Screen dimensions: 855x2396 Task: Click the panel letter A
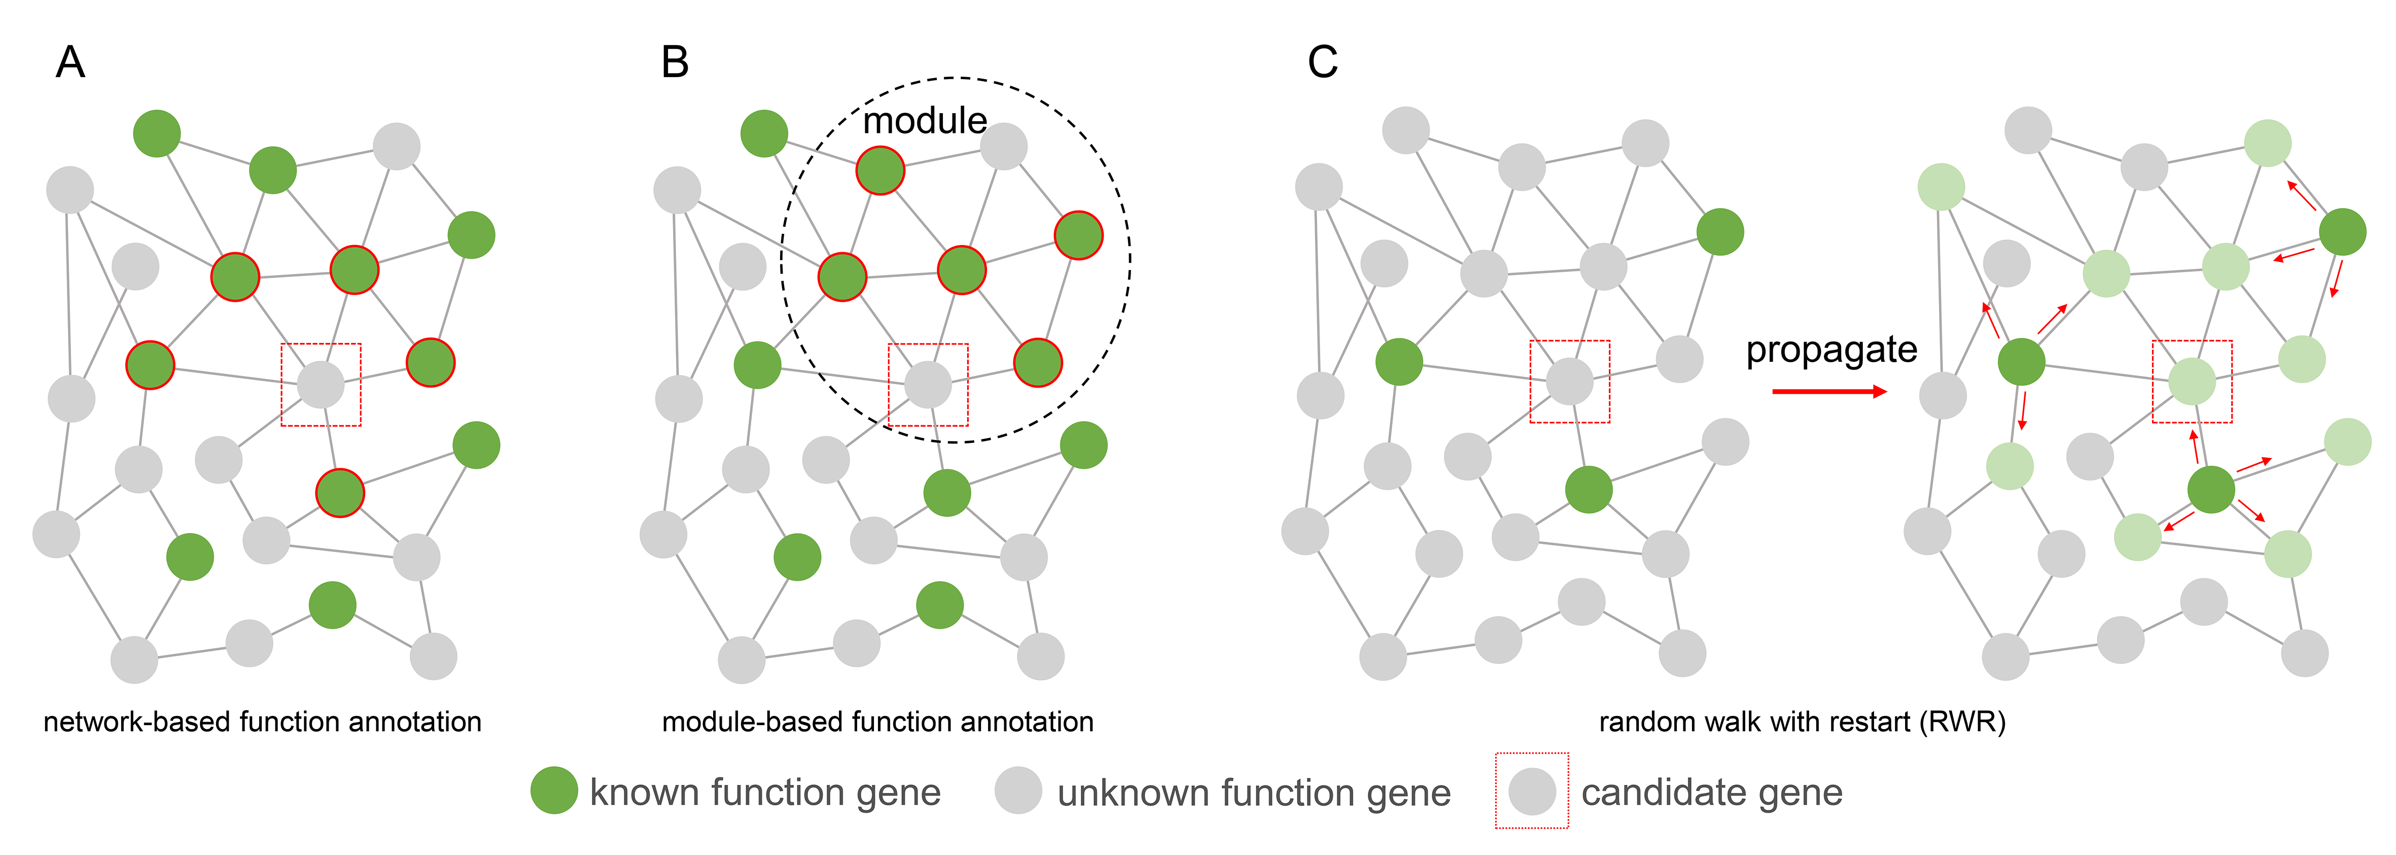71,63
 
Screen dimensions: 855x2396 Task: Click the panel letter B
675,63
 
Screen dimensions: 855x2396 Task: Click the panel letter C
1323,63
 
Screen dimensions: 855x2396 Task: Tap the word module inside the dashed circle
925,121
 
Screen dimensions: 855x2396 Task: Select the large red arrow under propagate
1828,392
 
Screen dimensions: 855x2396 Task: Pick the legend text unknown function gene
1254,793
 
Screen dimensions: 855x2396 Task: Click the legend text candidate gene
1711,793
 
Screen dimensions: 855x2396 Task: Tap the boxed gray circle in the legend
1531,791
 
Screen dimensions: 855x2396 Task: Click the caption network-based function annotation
262,722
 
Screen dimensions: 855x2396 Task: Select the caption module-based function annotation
877,722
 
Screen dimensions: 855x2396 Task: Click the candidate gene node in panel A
321,384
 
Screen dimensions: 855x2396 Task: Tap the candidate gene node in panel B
928,384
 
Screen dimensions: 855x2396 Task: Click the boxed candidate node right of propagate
2192,382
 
